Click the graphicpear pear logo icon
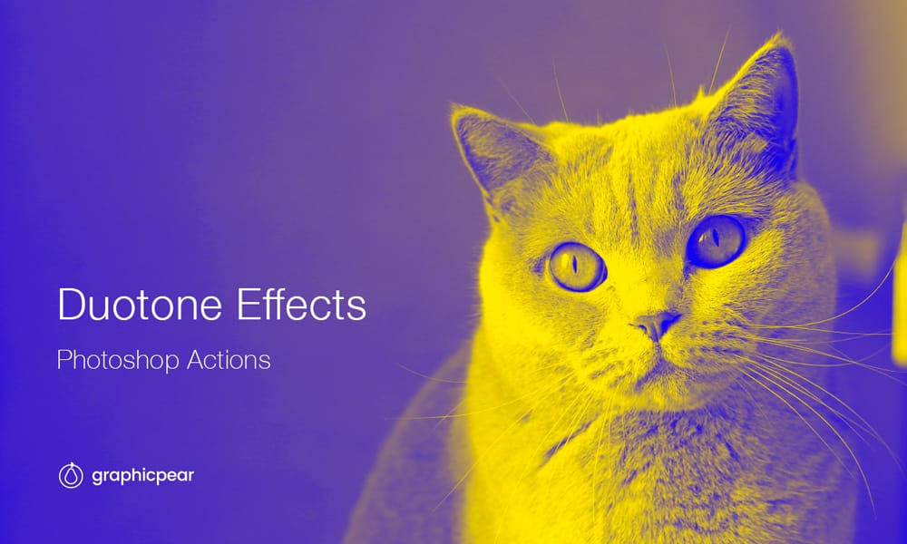tap(70, 475)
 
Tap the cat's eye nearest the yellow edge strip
tap(716, 241)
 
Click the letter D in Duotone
tap(70, 305)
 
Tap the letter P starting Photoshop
tap(63, 359)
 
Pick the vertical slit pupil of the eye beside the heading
tap(573, 266)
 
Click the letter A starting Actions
tap(194, 359)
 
